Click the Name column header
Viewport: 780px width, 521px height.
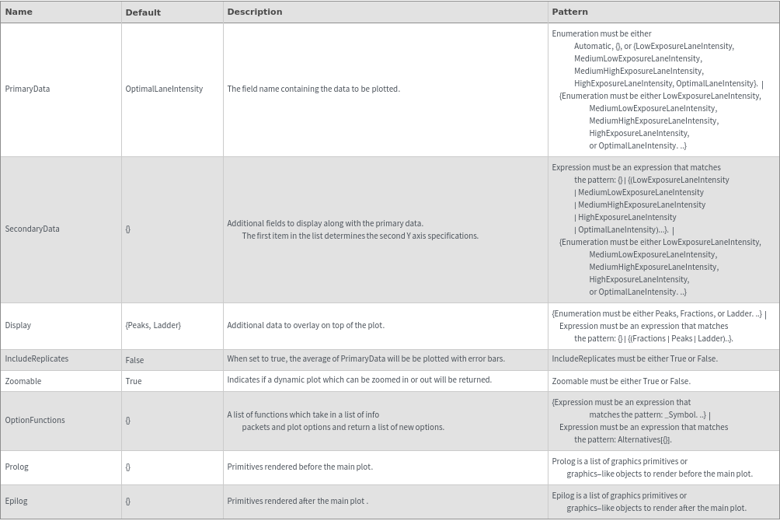[x=19, y=12]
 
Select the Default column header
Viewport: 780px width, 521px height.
[x=143, y=12]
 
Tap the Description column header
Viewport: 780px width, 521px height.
[x=254, y=12]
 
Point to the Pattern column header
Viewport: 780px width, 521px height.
[x=569, y=12]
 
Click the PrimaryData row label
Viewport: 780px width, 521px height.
[x=27, y=89]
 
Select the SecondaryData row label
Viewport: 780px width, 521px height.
[x=32, y=229]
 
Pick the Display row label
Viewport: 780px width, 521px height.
[x=18, y=325]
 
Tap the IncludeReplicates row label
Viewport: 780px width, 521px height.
[x=37, y=358]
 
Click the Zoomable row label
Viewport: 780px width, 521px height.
[x=23, y=381]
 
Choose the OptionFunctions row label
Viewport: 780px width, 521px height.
[x=35, y=420]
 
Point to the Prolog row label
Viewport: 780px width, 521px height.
[x=16, y=467]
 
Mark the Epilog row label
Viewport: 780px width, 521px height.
[x=16, y=501]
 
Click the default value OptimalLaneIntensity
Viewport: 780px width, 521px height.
[x=164, y=89]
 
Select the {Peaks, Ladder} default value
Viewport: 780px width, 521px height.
[x=153, y=325]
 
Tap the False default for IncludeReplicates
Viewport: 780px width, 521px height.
[x=134, y=360]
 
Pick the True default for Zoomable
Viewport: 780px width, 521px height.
[x=134, y=381]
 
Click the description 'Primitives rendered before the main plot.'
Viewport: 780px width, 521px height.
[x=300, y=467]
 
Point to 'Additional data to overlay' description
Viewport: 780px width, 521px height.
[x=305, y=325]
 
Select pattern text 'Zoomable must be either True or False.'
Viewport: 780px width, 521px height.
[x=621, y=381]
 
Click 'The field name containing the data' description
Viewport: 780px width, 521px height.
[x=313, y=89]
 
